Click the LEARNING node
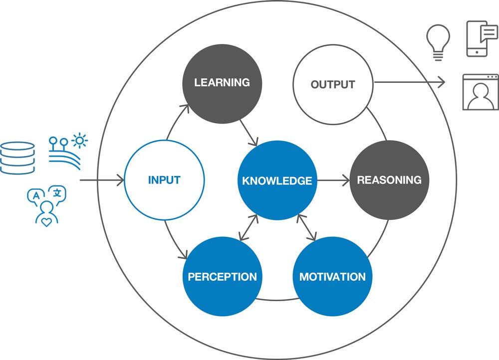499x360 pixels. click(222, 83)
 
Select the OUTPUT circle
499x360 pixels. click(333, 84)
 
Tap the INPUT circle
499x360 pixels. click(164, 180)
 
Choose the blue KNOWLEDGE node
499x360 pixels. click(277, 180)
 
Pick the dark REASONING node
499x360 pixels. click(389, 180)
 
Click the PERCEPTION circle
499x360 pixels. click(222, 277)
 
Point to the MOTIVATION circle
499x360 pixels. click(332, 277)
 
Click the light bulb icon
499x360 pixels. click(438, 42)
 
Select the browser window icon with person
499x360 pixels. click(481, 92)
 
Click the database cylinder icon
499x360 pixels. click(18, 158)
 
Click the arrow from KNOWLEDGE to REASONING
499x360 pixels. click(333, 180)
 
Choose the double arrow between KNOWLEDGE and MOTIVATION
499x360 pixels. click(306, 227)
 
